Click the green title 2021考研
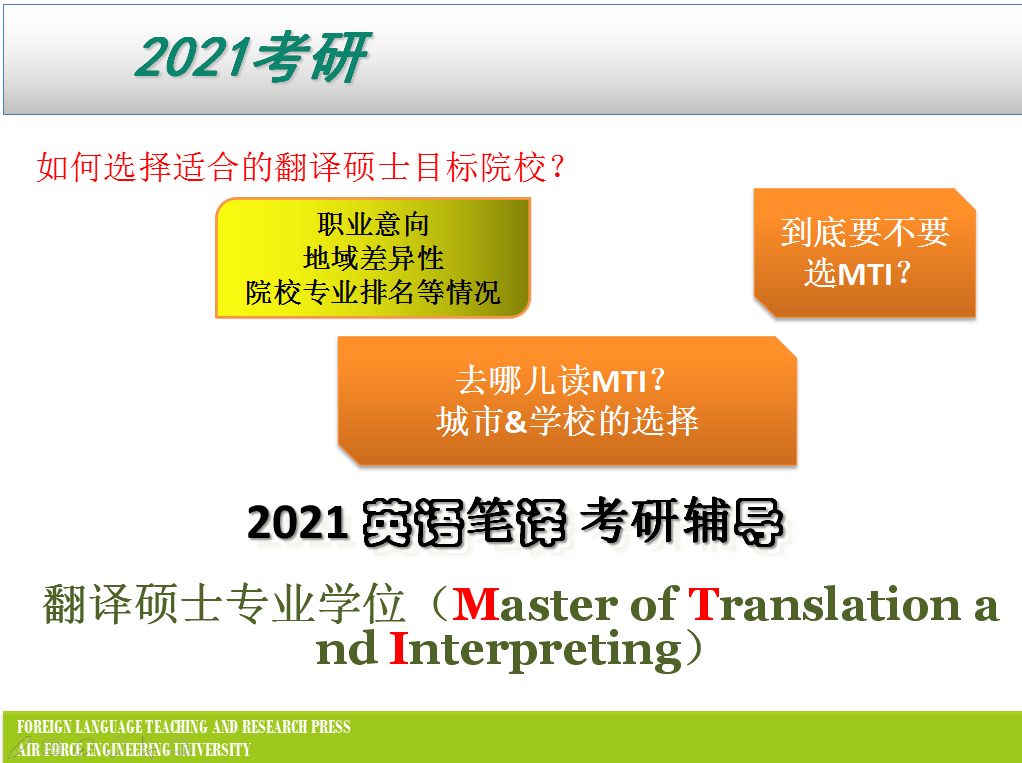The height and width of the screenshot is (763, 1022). (x=253, y=57)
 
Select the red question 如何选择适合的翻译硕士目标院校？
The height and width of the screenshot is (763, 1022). (x=301, y=167)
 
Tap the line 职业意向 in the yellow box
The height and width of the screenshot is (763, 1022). (x=373, y=225)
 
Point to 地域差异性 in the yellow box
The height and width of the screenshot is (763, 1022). (x=373, y=259)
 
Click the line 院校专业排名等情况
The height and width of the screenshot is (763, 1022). (x=373, y=293)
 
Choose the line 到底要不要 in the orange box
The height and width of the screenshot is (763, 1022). (x=865, y=233)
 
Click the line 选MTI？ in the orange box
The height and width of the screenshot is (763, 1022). (x=858, y=273)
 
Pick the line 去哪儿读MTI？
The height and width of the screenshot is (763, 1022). (x=561, y=381)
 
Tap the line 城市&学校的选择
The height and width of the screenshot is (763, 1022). (x=567, y=421)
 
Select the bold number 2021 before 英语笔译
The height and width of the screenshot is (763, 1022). (x=297, y=523)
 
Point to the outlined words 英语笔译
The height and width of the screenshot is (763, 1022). (x=464, y=522)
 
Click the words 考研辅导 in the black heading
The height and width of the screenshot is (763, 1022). (x=682, y=521)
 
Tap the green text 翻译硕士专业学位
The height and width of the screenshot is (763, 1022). (x=224, y=604)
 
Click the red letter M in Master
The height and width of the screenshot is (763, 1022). (x=475, y=605)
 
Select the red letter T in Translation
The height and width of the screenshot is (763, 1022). (x=704, y=604)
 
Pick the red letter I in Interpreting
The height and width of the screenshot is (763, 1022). (x=399, y=649)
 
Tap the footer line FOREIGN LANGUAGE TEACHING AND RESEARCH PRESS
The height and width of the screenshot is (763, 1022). (x=184, y=727)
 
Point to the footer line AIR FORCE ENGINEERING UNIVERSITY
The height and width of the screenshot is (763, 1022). (x=134, y=749)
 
